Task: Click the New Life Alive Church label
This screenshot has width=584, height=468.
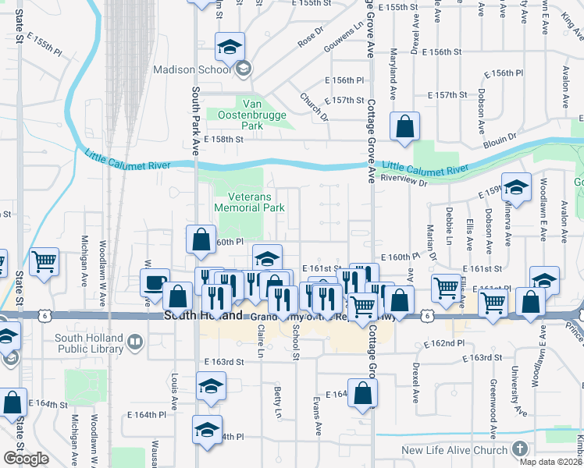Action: (454, 450)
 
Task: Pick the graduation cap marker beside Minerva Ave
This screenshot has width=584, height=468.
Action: (516, 187)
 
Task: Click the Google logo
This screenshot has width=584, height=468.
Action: (26, 459)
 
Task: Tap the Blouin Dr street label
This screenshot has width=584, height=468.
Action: (500, 138)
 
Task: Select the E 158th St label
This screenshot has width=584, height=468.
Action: (224, 139)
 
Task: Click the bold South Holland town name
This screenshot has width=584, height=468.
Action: (198, 317)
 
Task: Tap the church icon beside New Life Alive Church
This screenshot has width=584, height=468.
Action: (520, 449)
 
